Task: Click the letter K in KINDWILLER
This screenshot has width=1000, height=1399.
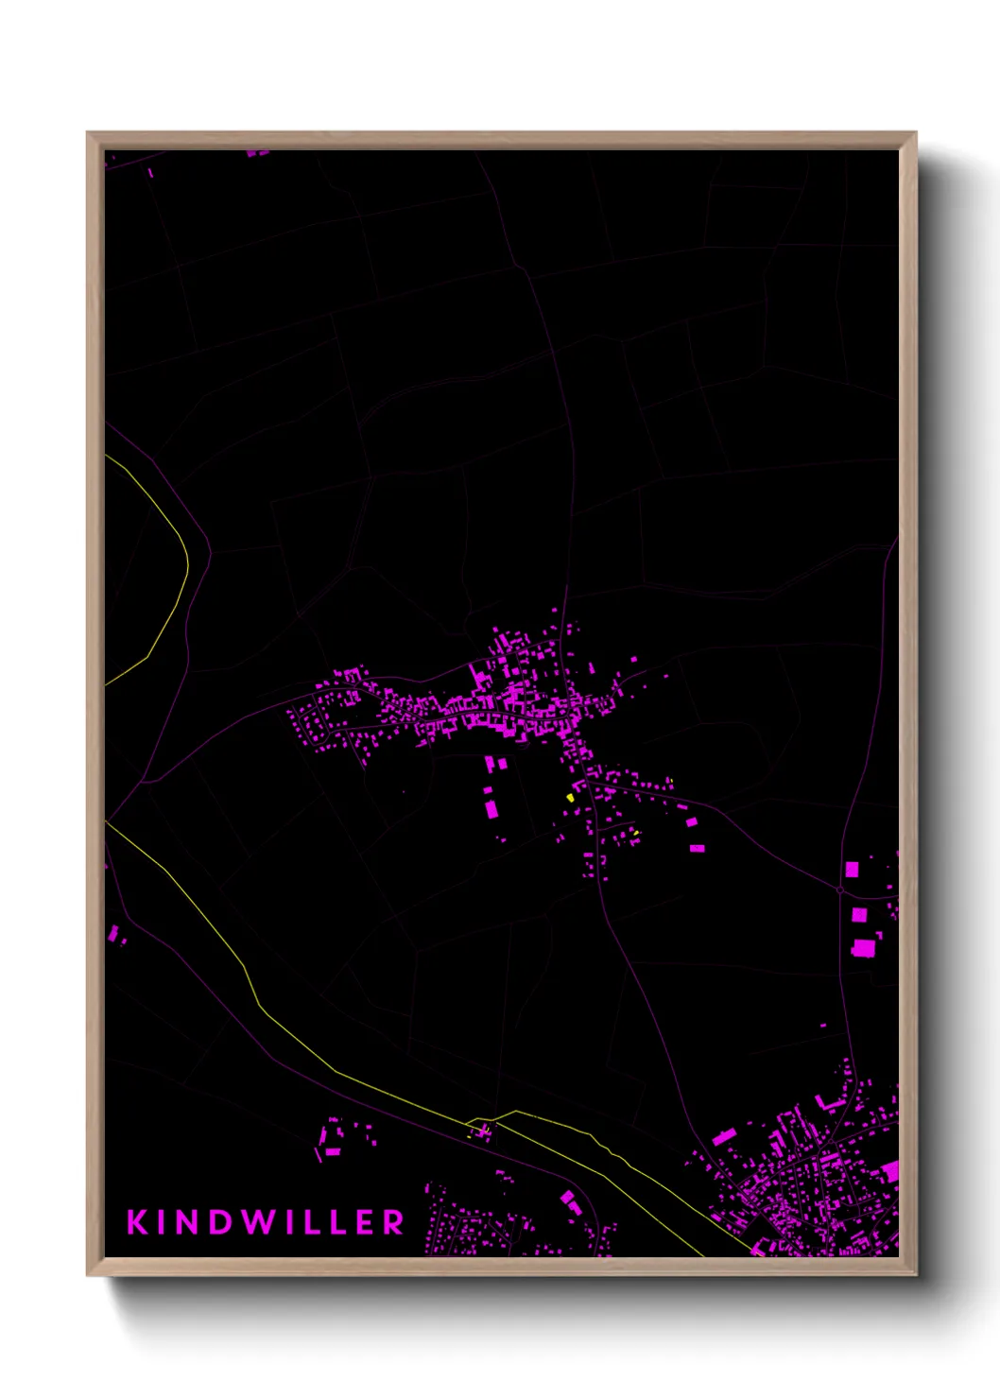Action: click(x=138, y=1221)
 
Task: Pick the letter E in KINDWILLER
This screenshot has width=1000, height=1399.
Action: click(x=365, y=1221)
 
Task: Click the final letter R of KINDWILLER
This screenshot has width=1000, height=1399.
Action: click(x=394, y=1221)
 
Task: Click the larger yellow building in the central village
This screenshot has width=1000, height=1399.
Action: click(x=570, y=798)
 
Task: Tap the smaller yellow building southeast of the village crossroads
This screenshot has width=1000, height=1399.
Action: click(x=636, y=833)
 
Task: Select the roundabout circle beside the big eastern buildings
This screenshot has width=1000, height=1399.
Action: click(x=839, y=889)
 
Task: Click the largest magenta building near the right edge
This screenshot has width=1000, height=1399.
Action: click(x=863, y=947)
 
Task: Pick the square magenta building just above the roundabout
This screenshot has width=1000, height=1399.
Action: click(x=852, y=869)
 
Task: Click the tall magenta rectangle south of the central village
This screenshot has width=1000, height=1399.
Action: click(x=491, y=809)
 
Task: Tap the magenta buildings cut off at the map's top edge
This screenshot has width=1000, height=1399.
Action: click(x=257, y=152)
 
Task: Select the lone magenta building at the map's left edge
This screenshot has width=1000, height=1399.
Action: click(x=113, y=934)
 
